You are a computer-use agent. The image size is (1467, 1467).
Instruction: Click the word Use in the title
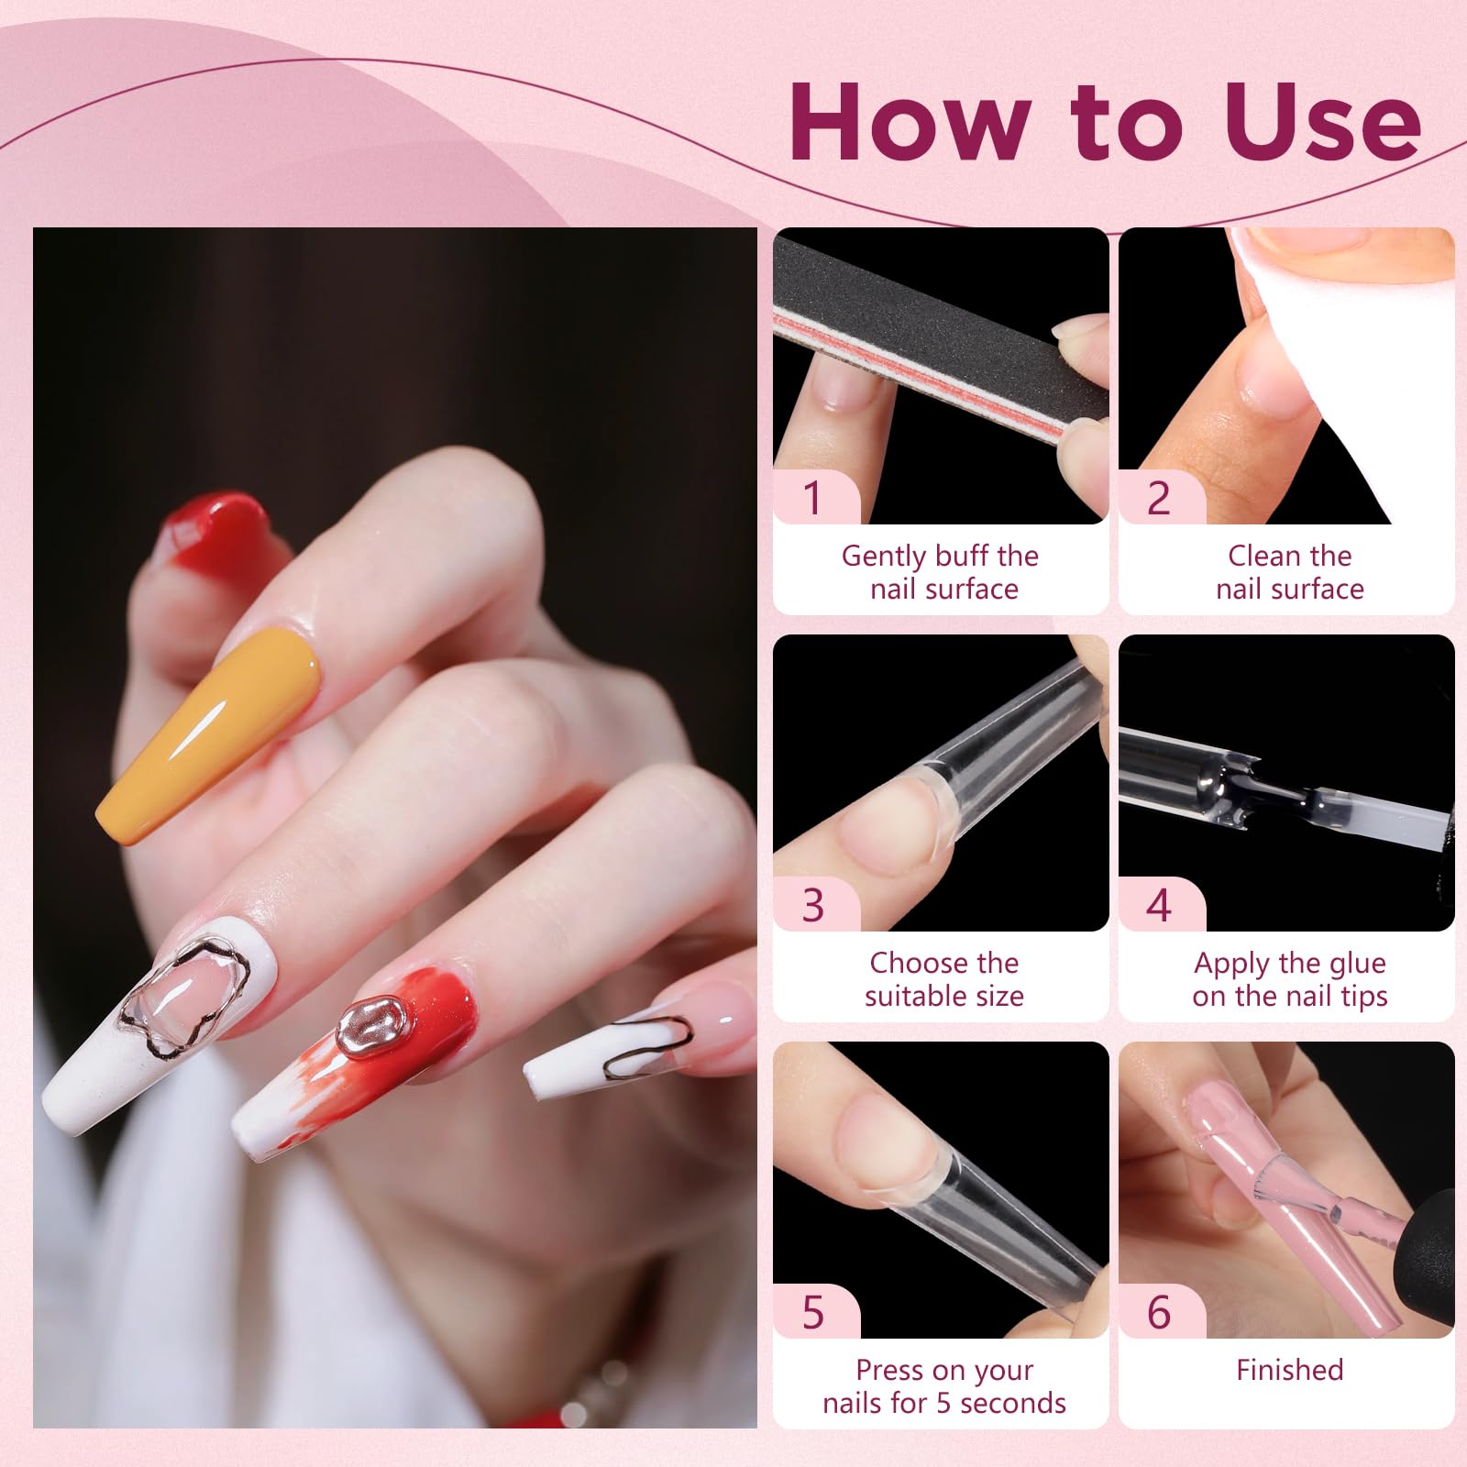coord(1322,122)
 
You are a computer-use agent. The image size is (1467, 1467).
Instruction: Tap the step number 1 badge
coord(813,498)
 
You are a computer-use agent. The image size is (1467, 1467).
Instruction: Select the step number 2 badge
coord(1159,498)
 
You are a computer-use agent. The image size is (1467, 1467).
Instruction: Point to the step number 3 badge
coord(813,905)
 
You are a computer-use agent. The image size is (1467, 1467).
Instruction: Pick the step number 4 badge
coord(1159,905)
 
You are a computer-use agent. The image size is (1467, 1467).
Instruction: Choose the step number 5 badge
coord(813,1312)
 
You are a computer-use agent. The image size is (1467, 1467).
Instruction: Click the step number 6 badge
coord(1159,1312)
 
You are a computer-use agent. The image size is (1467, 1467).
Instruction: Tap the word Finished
coord(1289,1370)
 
